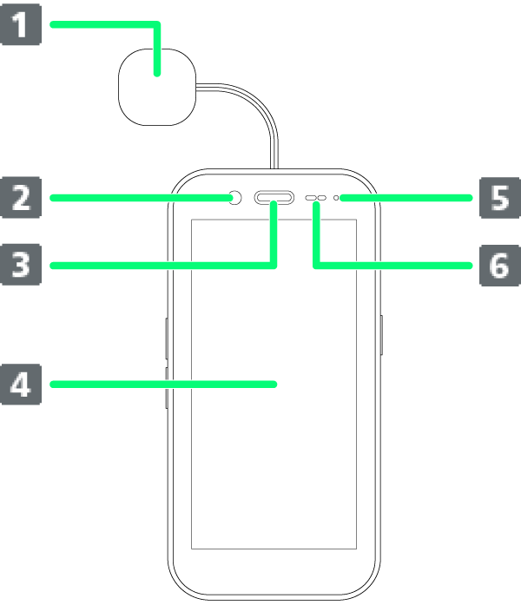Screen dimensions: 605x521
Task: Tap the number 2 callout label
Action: click(20, 198)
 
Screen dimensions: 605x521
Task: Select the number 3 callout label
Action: click(20, 265)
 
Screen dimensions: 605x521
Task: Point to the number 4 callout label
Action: click(20, 384)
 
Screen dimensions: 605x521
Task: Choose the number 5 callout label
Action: click(499, 198)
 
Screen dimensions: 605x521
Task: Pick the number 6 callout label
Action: click(499, 265)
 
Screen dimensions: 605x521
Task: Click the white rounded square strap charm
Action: click(157, 88)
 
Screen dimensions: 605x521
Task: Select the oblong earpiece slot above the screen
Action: click(274, 199)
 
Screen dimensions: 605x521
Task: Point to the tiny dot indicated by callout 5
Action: click(335, 199)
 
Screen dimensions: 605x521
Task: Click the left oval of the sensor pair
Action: click(311, 199)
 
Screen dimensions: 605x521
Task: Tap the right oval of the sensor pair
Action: click(322, 199)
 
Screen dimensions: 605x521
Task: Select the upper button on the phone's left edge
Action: click(167, 338)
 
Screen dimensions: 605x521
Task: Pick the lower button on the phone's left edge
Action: click(167, 387)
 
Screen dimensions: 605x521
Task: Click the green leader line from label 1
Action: click(104, 25)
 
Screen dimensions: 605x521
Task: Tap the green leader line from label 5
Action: click(408, 198)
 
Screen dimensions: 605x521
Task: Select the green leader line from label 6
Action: click(399, 265)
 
